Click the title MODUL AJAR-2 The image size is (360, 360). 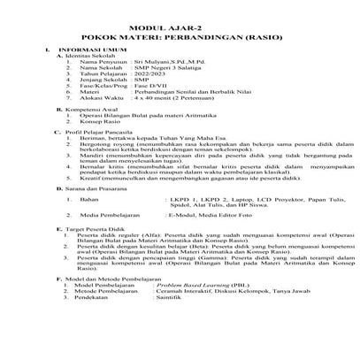coord(180,18)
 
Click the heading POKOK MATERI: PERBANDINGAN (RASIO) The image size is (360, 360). coord(180,28)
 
